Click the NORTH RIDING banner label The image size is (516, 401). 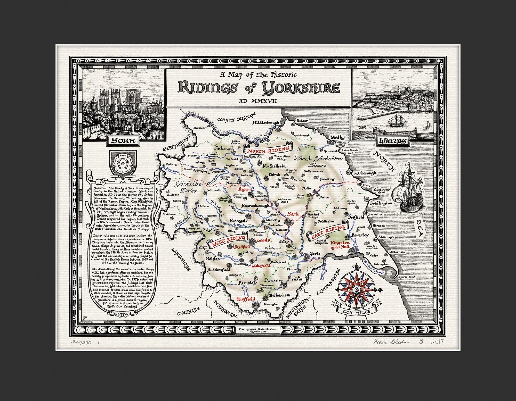pos(267,149)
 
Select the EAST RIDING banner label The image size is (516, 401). pos(328,232)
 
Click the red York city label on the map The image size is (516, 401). pos(293,214)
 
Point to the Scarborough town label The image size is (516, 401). pos(365,173)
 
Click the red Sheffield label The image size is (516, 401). pos(246,299)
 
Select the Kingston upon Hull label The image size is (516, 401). pos(340,245)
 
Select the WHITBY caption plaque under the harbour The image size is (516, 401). pos(393,141)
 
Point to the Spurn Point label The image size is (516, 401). pos(407,277)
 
